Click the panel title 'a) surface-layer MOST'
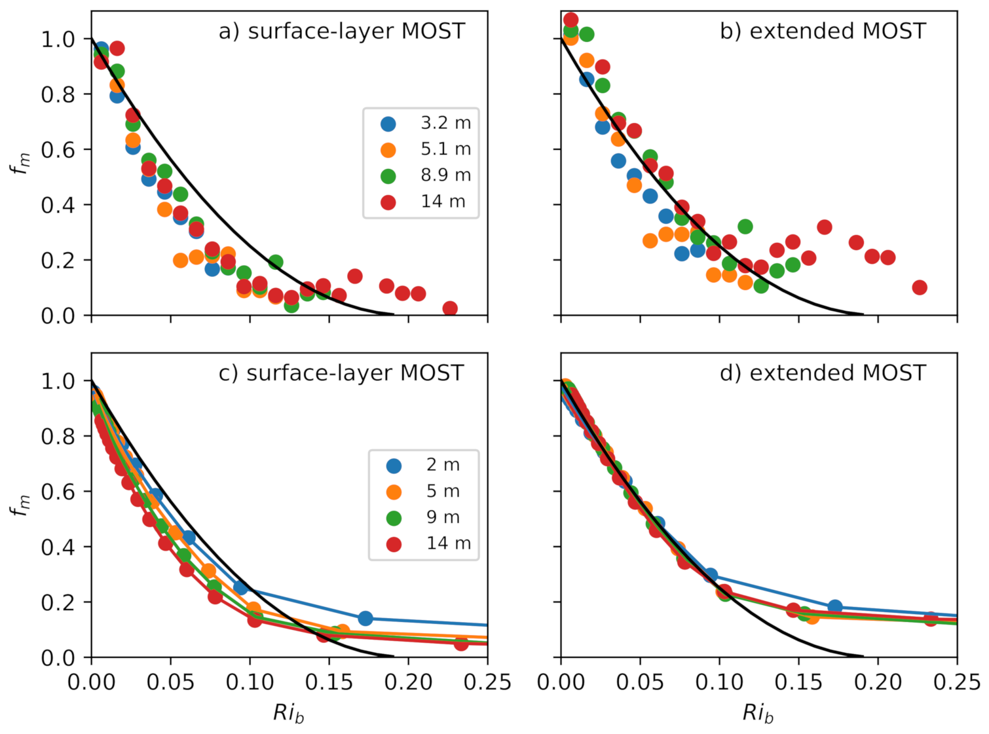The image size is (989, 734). (341, 31)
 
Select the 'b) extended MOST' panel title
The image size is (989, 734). (823, 31)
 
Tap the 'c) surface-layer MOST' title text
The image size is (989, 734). (341, 373)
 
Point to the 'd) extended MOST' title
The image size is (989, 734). (823, 373)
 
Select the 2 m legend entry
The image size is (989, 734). (426, 465)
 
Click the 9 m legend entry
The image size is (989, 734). (426, 517)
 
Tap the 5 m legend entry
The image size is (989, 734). (426, 491)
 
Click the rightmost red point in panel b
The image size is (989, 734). (920, 287)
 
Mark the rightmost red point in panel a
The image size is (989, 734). (450, 308)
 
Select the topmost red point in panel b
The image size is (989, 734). (571, 20)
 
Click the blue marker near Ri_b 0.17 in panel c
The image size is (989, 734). (365, 618)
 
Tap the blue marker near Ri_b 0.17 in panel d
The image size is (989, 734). (835, 606)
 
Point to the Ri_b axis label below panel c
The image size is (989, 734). (289, 713)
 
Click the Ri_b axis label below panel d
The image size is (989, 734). (758, 713)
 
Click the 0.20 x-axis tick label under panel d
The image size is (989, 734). (878, 682)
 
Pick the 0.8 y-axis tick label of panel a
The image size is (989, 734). (58, 95)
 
